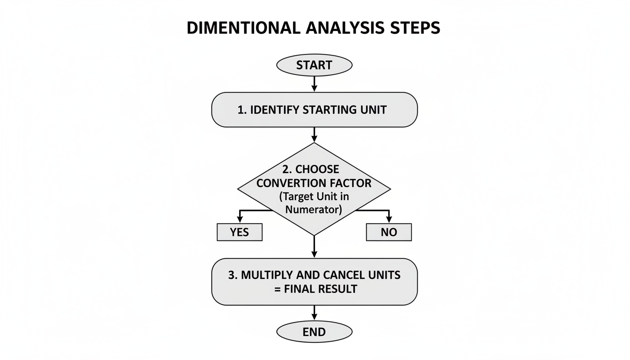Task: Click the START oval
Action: [314, 65]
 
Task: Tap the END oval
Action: [314, 332]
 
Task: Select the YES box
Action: [240, 232]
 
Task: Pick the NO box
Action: [389, 232]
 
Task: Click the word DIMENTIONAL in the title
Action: [243, 28]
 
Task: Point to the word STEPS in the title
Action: [415, 28]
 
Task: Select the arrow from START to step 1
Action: [314, 83]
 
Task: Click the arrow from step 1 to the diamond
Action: [314, 135]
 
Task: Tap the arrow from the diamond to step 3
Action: [314, 247]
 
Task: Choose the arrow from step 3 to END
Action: [314, 313]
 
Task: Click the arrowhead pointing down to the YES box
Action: [240, 219]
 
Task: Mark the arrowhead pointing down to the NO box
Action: [389, 219]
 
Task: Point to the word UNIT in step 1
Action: [373, 110]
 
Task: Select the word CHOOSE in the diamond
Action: [317, 169]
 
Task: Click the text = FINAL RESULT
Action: [314, 289]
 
